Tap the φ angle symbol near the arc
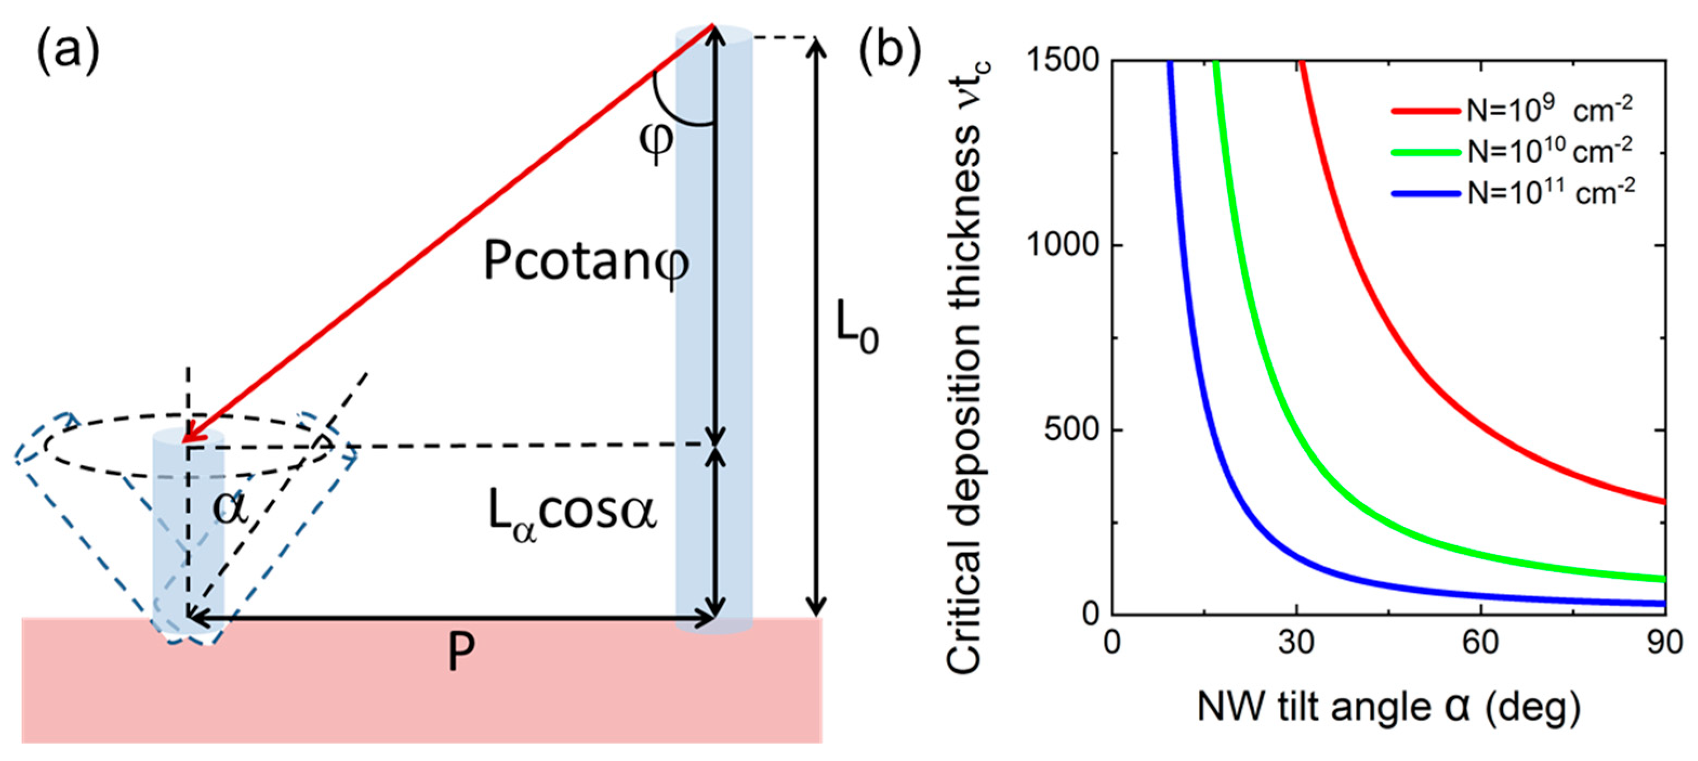pos(656,142)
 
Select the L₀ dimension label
pos(856,328)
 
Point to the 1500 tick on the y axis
pos(1063,61)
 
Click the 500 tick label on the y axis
pos(1072,430)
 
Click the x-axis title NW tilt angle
pos(1388,708)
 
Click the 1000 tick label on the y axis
pos(1063,246)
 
